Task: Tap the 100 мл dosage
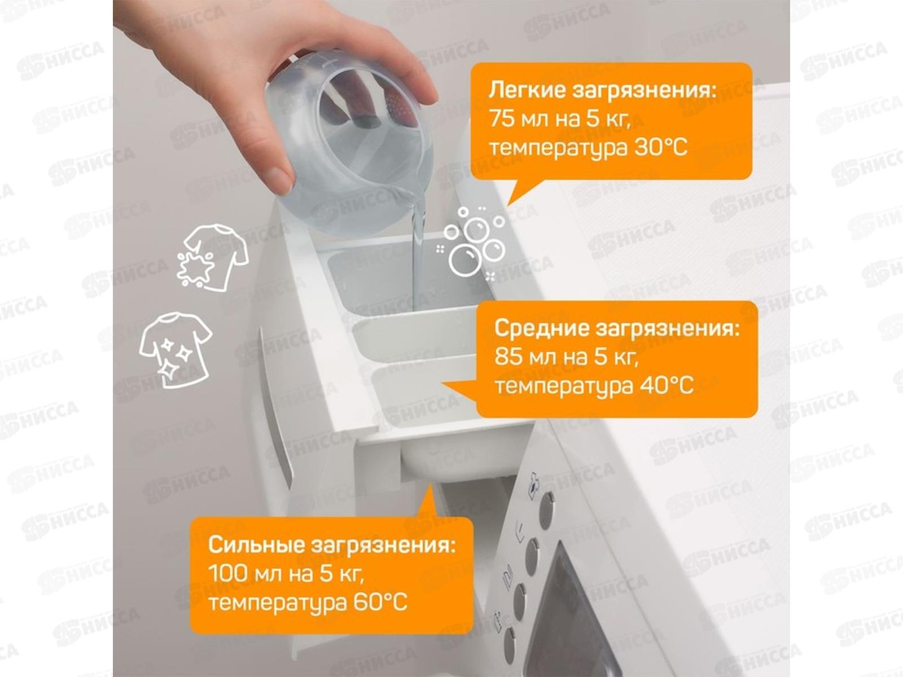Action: click(244, 573)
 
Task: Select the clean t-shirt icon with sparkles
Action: click(176, 350)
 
